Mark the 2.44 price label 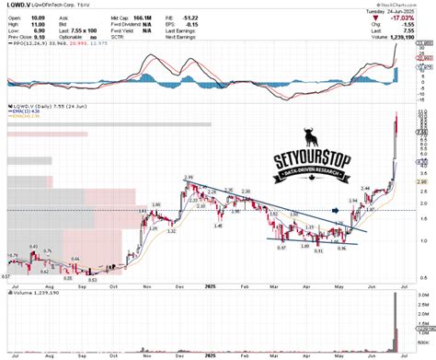[x=365, y=188]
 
